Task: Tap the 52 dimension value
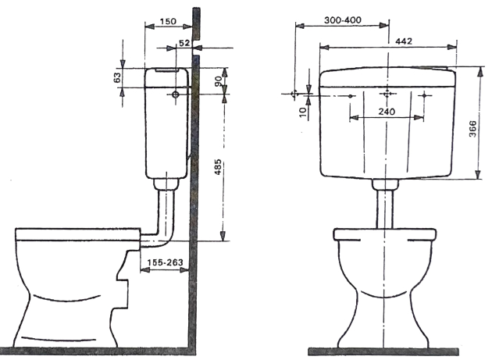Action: point(184,44)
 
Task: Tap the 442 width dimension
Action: point(404,41)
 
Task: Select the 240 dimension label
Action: point(386,112)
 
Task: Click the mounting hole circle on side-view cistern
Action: point(176,94)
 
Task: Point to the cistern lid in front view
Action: point(387,75)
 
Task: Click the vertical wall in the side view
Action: point(196,195)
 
